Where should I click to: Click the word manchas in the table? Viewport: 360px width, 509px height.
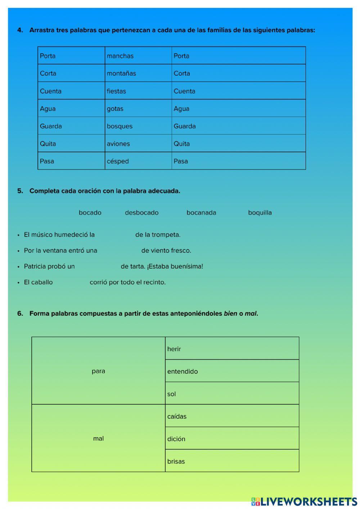point(120,56)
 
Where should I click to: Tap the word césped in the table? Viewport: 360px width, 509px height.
point(117,161)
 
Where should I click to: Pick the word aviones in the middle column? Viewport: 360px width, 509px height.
point(118,144)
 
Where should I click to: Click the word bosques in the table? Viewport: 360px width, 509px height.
point(120,126)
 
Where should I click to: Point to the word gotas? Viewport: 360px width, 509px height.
point(115,109)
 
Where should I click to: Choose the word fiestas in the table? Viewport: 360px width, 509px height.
point(116,91)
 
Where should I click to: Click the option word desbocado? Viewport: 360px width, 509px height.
point(141,213)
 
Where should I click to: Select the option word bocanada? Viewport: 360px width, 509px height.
point(201,213)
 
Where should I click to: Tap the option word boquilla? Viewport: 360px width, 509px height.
point(260,213)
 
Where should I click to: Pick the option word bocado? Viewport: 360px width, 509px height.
point(90,213)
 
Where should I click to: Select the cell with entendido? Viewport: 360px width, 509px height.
point(232,371)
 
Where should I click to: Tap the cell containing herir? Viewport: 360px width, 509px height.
point(232,348)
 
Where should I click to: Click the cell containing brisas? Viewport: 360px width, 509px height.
point(232,461)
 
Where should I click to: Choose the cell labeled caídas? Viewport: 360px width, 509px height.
point(232,416)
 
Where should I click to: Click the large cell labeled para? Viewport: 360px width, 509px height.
point(98,371)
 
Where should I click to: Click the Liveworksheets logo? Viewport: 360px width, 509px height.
point(304,501)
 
